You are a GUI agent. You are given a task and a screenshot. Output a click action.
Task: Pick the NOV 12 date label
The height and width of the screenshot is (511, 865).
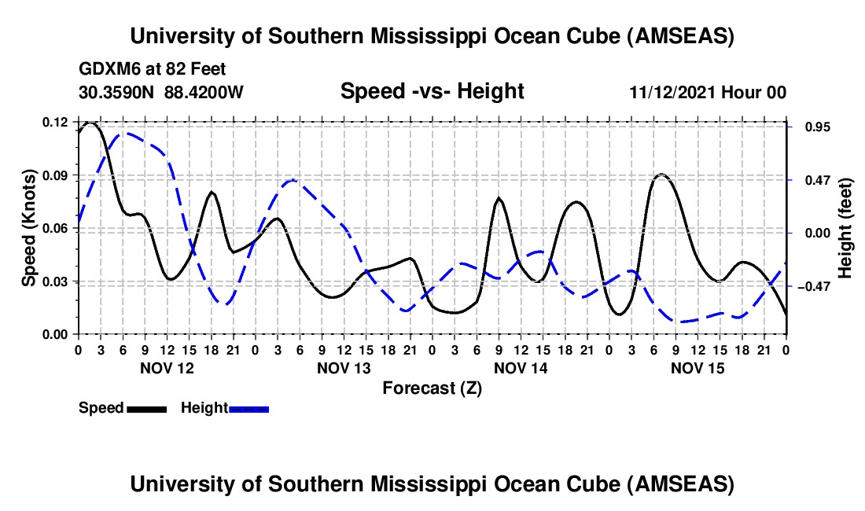coord(166,367)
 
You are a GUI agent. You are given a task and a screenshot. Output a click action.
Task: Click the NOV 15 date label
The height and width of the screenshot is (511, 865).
coord(698,367)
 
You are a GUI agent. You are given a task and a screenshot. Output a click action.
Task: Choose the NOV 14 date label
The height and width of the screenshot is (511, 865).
coord(521,367)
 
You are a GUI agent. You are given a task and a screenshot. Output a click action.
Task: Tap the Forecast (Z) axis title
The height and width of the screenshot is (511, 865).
coord(432,388)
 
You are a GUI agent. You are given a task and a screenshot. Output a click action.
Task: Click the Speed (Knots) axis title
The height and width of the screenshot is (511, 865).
coord(28,228)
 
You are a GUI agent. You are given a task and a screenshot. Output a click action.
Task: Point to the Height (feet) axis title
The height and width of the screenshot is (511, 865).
coord(845,228)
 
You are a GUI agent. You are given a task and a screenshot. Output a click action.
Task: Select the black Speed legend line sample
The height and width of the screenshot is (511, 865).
coord(146,408)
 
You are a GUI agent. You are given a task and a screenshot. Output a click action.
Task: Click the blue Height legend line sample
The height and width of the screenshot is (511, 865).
coord(248,408)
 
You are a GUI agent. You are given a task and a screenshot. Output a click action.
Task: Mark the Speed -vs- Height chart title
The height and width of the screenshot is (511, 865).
coord(432,92)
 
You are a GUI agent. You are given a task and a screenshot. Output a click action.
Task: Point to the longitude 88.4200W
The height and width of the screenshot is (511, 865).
coord(204,92)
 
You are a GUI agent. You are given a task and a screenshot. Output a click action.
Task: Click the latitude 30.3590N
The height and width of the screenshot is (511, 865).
coord(117,92)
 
